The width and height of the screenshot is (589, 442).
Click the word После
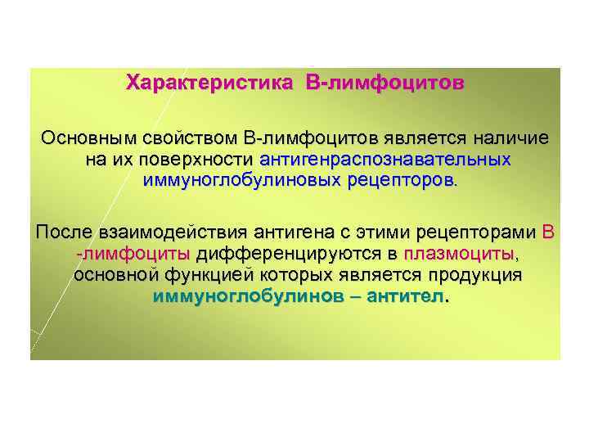[x=63, y=232]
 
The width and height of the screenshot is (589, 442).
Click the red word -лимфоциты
[x=133, y=254]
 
